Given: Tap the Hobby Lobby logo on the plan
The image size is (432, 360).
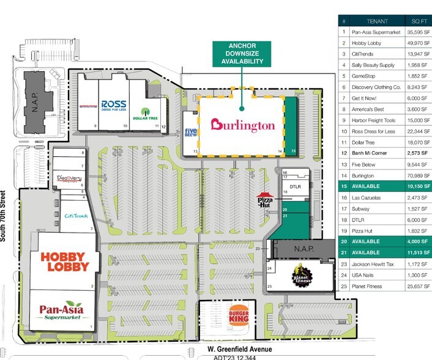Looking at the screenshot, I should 64,261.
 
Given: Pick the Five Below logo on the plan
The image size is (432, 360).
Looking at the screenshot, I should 190,132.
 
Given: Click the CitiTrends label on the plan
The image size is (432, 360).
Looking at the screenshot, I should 76,216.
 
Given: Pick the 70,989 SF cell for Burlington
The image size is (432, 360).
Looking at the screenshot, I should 414,175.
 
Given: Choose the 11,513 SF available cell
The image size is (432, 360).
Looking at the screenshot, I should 414,252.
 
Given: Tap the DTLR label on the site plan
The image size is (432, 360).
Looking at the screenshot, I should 296,187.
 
